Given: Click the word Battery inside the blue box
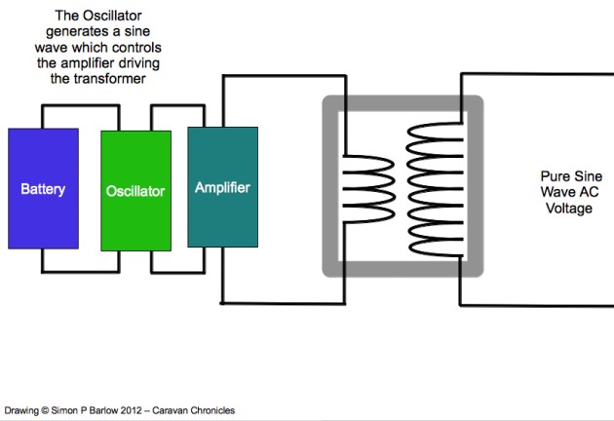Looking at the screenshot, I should [43, 189].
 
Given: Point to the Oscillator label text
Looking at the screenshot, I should [135, 190].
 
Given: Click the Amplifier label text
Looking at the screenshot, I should [222, 186].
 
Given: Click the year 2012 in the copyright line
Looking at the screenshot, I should [140, 410].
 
